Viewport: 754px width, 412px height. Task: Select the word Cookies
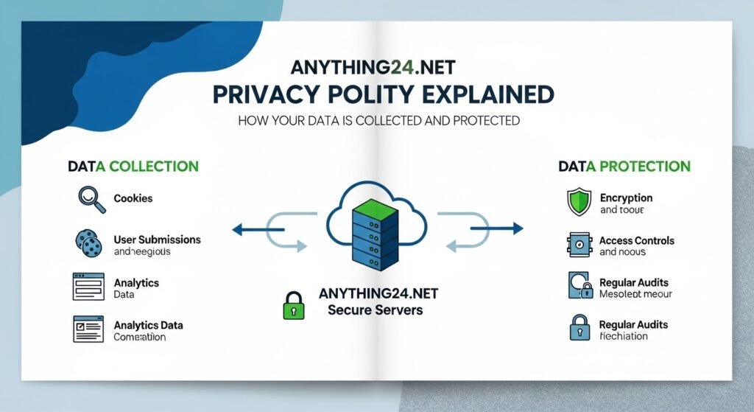click(134, 199)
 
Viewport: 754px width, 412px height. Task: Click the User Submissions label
click(157, 240)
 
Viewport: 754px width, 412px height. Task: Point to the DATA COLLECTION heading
click(133, 166)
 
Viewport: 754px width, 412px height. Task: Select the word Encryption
click(626, 198)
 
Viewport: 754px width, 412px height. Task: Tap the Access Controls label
click(636, 240)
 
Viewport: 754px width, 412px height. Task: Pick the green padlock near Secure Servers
click(293, 304)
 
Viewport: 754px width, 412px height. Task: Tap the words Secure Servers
click(375, 310)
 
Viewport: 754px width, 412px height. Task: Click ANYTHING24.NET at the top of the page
click(373, 68)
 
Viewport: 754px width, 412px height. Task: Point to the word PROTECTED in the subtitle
click(484, 120)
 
